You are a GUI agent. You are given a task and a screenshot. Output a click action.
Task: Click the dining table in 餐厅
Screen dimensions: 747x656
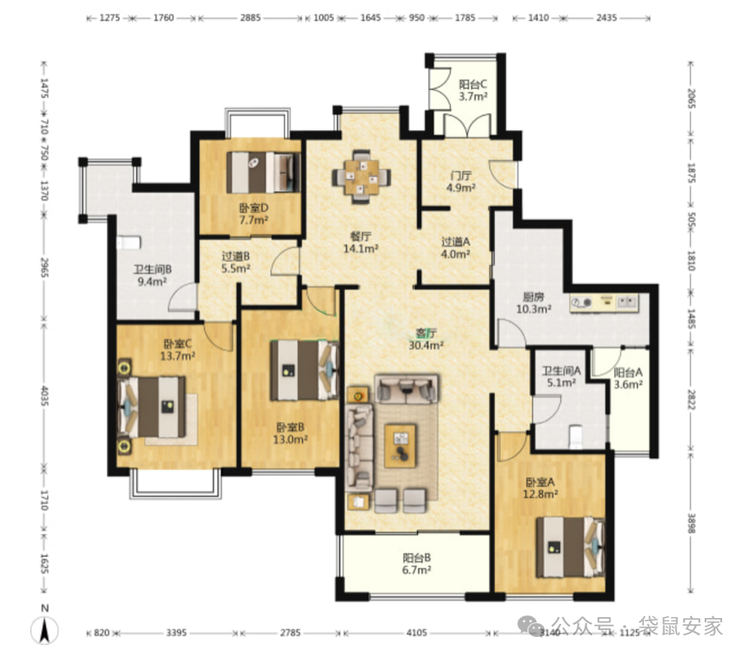[362, 177]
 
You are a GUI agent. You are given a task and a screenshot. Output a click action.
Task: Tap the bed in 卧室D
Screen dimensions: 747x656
[263, 172]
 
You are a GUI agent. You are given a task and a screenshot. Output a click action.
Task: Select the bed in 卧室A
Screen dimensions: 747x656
[570, 547]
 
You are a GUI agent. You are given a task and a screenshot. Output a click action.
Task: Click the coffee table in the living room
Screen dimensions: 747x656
[400, 445]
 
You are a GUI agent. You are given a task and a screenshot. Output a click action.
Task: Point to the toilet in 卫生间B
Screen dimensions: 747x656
[129, 243]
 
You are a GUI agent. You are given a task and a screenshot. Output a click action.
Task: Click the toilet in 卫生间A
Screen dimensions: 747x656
[576, 436]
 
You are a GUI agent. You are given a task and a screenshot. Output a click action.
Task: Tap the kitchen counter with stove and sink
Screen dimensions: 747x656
[605, 303]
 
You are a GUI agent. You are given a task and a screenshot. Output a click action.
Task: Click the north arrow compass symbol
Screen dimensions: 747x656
[45, 629]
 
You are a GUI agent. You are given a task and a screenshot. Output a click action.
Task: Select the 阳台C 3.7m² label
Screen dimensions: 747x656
[473, 91]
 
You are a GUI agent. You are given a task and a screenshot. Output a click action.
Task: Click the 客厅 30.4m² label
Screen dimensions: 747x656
[427, 339]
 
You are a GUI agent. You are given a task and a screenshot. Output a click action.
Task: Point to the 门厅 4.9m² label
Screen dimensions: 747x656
[460, 182]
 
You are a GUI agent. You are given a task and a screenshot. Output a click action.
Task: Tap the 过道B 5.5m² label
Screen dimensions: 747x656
[236, 262]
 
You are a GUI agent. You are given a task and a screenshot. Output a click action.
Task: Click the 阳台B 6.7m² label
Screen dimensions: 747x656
[417, 564]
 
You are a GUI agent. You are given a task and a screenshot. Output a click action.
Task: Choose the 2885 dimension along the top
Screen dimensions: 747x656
[250, 18]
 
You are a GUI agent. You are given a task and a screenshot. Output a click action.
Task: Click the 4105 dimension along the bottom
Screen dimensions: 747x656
[417, 633]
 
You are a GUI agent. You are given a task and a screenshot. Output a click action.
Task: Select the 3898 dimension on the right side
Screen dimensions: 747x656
[692, 524]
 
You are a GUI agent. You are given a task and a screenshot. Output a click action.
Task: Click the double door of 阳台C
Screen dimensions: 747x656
[467, 125]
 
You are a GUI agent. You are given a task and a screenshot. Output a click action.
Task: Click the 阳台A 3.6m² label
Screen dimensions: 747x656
[629, 378]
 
